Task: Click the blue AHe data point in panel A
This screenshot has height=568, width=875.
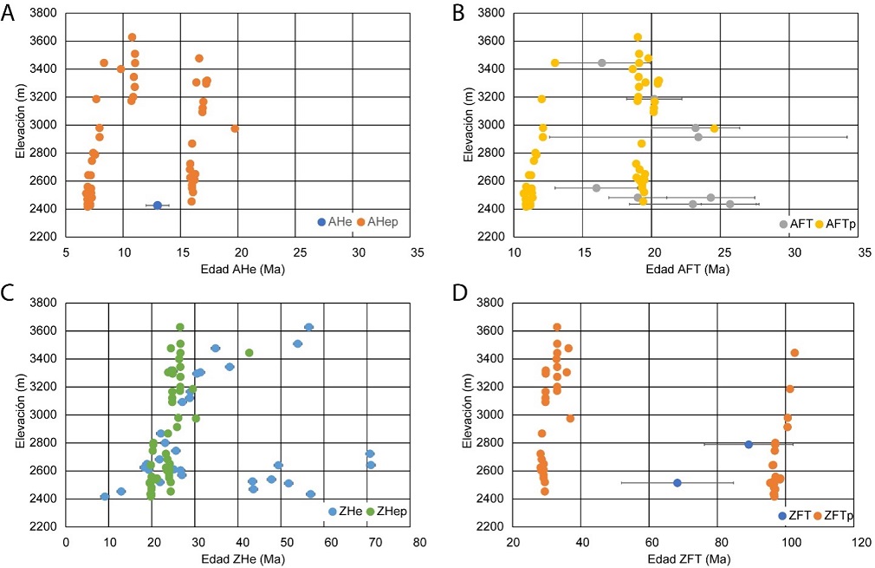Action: coord(158,206)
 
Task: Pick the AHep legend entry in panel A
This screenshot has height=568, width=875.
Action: coord(378,223)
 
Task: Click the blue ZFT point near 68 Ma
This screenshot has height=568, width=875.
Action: coord(677,483)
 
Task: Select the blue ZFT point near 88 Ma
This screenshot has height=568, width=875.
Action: coord(749,445)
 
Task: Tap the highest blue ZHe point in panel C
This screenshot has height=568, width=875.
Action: coord(308,327)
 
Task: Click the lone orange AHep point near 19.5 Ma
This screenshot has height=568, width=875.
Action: coord(235,128)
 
